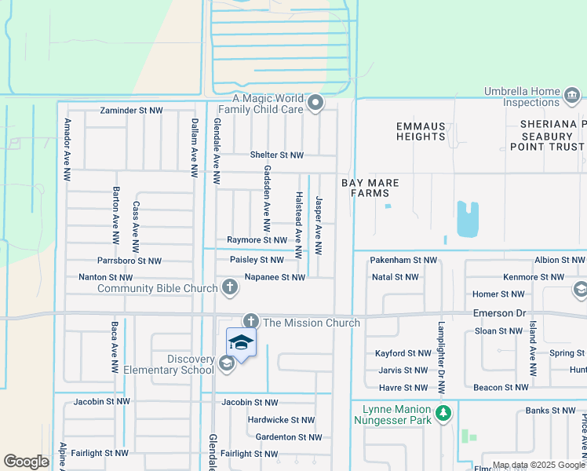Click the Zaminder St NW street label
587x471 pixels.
131,111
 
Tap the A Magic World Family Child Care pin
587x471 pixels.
315,104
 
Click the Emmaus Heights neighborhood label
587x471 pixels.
421,131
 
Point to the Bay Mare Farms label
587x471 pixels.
370,188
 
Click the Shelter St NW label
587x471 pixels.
276,155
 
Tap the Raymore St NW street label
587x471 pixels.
257,240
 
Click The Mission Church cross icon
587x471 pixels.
250,322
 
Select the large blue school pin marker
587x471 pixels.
241,342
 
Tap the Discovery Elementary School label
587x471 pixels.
179,364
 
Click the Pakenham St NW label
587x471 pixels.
403,260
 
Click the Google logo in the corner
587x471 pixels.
26,462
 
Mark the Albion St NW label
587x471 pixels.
559,260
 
